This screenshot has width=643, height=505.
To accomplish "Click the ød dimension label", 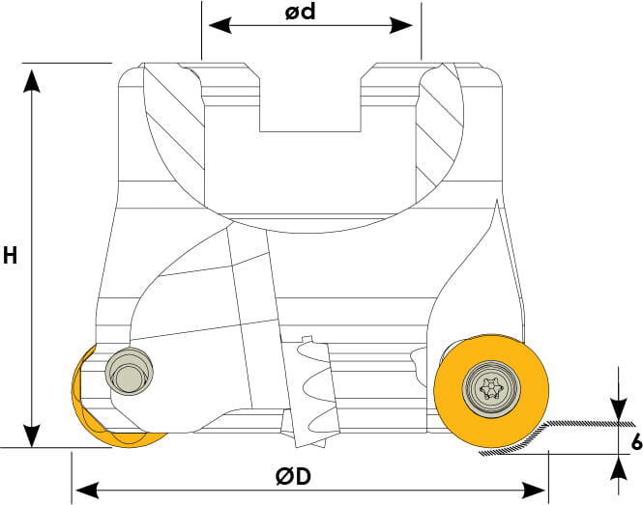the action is (301, 12).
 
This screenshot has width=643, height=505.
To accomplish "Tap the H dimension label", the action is (10, 256).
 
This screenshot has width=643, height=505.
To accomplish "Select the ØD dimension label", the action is (293, 476).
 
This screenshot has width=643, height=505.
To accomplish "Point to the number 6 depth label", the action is (637, 442).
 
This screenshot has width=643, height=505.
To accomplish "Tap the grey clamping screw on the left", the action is (130, 372).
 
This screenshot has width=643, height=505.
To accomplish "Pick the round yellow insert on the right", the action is (491, 391).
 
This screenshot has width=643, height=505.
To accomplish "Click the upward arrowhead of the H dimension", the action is (32, 81).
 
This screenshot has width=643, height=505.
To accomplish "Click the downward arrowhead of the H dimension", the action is (32, 435).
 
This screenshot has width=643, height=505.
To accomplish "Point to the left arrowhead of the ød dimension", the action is (220, 25).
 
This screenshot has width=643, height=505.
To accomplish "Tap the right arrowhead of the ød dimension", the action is (401, 25).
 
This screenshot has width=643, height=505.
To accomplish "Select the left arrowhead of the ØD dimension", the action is (87, 491).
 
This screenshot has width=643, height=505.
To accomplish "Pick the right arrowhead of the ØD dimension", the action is (534, 491).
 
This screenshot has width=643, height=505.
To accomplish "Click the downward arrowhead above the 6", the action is (619, 408).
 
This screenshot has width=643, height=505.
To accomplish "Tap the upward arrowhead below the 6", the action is (619, 467).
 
